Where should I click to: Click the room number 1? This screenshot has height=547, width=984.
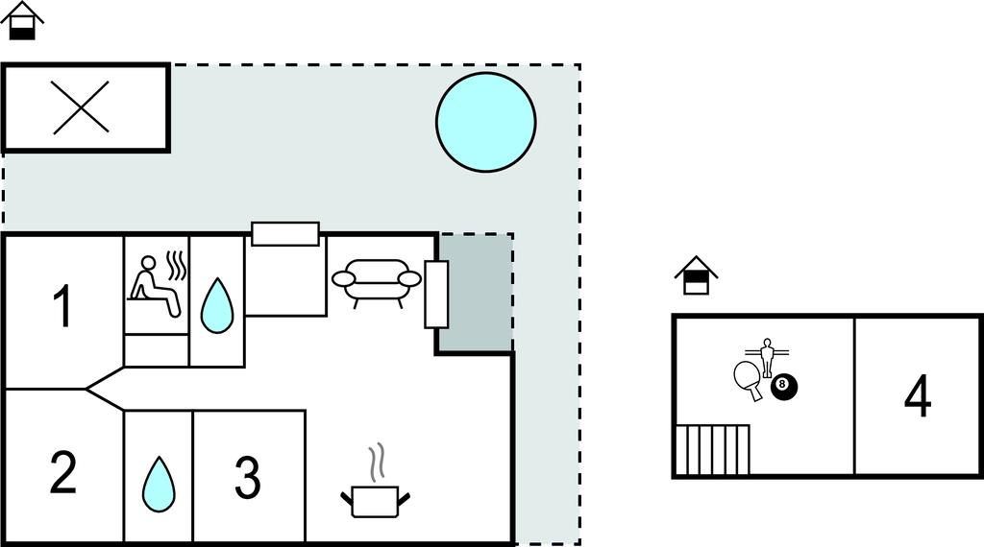coord(63,306)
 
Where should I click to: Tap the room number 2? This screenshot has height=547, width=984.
coord(62,472)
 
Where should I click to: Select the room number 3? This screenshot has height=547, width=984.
coord(248,478)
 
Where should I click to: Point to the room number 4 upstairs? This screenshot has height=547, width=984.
coord(918,396)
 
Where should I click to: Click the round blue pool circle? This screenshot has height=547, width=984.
coord(485,122)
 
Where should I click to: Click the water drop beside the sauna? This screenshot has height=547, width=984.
coord(217,305)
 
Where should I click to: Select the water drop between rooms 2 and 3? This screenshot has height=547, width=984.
coord(159,484)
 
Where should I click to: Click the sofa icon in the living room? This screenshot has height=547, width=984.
coord(377,282)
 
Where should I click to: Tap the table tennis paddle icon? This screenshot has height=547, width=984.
coord(749,380)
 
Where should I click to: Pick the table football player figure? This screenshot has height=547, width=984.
coord(766,357)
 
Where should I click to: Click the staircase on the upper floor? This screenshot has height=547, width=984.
coord(712,450)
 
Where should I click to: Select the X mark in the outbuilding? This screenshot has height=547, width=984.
coord(81,107)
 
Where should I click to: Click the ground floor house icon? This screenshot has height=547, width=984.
coord(22,20)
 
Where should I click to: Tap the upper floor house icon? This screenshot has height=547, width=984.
coord(696,275)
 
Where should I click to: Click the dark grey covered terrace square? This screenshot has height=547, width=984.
coord(475,293)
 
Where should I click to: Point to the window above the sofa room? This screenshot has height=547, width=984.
coord(285,234)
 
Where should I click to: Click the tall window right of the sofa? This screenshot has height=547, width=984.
coord(436,295)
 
